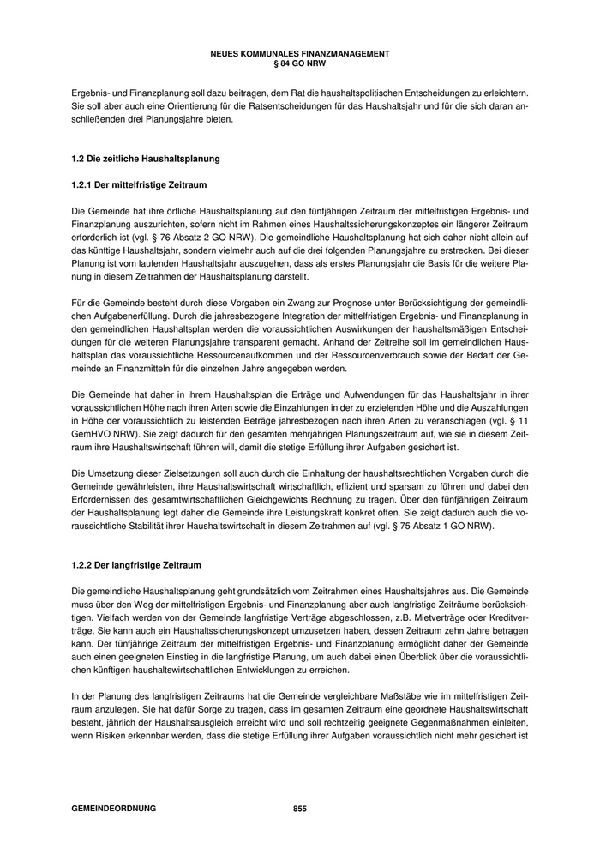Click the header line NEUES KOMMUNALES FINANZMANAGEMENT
click(x=299, y=53)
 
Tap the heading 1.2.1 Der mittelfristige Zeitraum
click(x=140, y=184)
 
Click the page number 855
click(x=299, y=808)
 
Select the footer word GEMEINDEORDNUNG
click(x=114, y=808)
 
